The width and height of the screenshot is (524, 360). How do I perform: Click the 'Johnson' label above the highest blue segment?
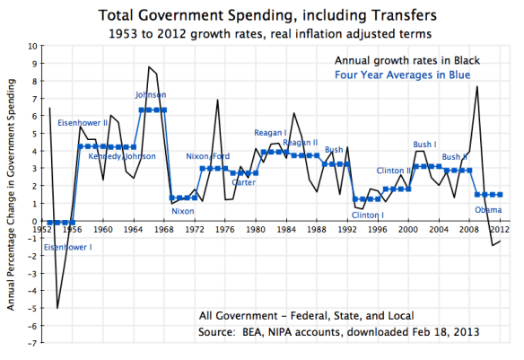pos(150,95)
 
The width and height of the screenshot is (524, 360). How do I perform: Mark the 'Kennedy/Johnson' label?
pos(122,156)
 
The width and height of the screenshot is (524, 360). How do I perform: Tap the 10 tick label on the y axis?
pos(32,46)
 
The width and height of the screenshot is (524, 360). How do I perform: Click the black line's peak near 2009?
pos(477,86)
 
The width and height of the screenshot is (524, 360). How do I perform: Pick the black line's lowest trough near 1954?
pos(57,308)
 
